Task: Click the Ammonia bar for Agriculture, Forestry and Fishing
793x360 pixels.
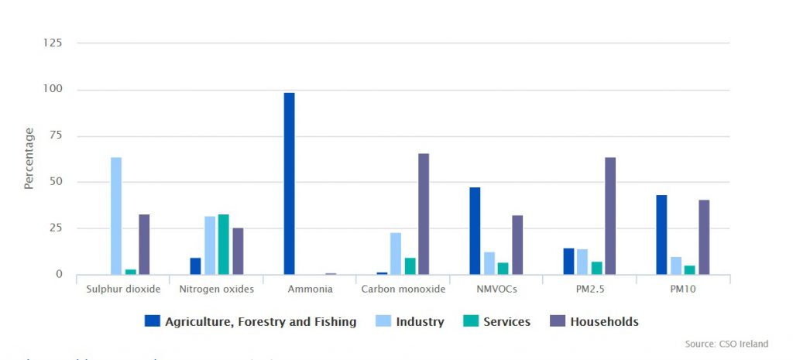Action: tap(289, 183)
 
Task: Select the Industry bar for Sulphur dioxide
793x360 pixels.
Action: tap(116, 216)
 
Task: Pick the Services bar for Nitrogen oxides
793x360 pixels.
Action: tap(224, 245)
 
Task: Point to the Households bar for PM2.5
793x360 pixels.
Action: tap(610, 216)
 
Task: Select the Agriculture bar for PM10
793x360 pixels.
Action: tap(661, 235)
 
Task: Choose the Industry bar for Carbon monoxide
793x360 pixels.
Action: tap(396, 253)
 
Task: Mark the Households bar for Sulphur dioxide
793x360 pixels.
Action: tap(144, 245)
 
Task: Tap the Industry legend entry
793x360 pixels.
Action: tap(411, 321)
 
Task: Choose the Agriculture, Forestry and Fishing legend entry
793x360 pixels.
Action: tap(251, 321)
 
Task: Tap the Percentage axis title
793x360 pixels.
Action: tap(29, 159)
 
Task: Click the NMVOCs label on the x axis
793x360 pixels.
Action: tap(496, 290)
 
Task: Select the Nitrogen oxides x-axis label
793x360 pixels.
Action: tap(216, 290)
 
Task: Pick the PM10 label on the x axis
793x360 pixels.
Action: tap(682, 290)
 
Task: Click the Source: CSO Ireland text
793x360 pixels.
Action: tap(726, 344)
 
